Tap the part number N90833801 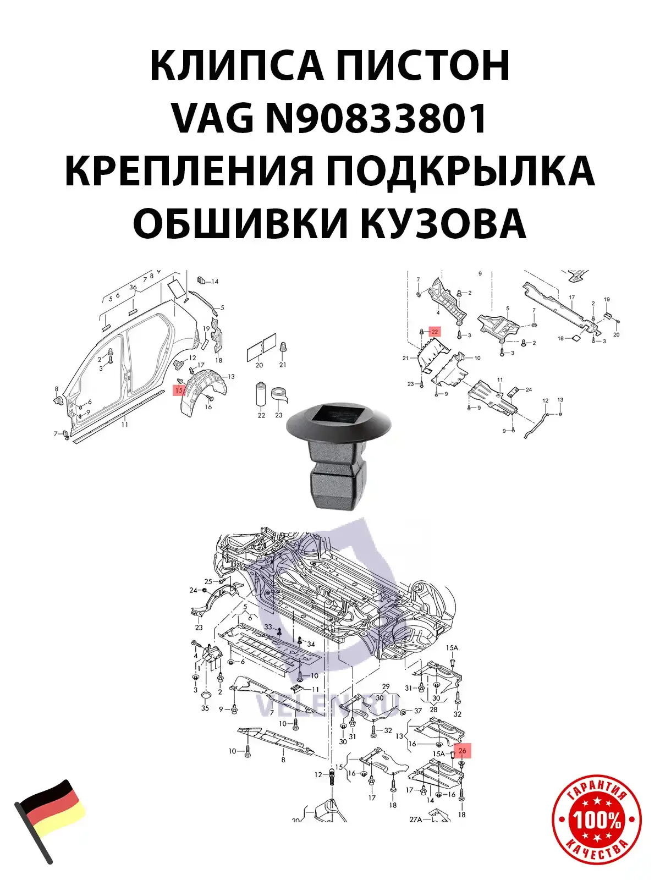[x=377, y=118]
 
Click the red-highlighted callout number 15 [x=179, y=390]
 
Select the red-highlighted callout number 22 [x=435, y=332]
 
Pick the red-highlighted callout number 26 [x=462, y=751]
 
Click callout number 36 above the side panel [x=133, y=287]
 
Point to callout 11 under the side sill [x=125, y=424]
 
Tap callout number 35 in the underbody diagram [x=205, y=708]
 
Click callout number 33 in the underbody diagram [x=268, y=627]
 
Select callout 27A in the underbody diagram [x=415, y=819]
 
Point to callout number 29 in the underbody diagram [x=386, y=686]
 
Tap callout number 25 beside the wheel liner [x=208, y=581]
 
